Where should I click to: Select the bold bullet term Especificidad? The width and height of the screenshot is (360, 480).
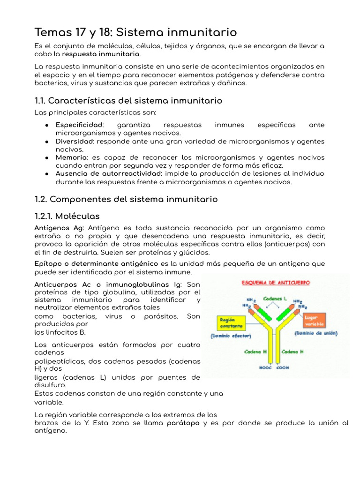point(79,125)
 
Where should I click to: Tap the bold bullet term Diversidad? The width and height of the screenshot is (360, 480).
point(74,142)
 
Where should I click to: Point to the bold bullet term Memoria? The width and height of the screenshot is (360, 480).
point(71,157)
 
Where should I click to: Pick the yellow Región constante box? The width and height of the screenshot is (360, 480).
point(230,322)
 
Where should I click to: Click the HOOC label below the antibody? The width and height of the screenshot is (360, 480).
point(266,368)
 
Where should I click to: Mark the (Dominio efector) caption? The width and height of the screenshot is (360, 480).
point(230,336)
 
